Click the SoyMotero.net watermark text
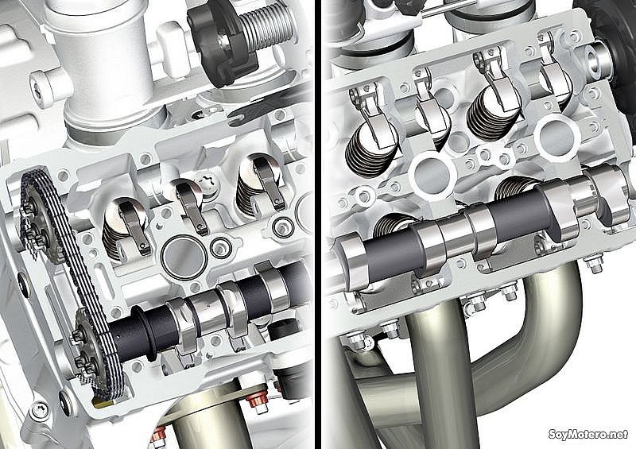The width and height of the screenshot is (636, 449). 588,434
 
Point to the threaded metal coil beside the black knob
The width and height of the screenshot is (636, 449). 269,28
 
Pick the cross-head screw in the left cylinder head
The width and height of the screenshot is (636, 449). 207,184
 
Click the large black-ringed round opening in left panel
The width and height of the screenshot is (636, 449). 184,258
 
